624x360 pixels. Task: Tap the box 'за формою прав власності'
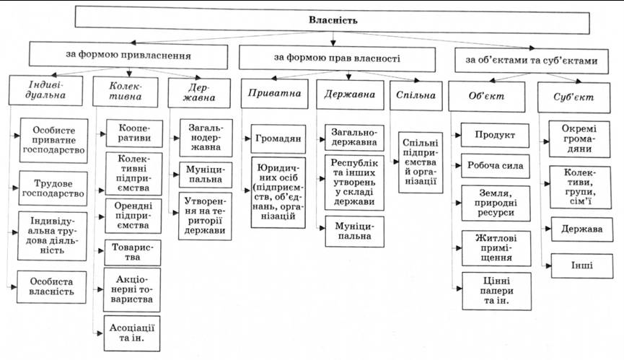(x=337, y=56)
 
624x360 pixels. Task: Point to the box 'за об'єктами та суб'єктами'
(x=531, y=60)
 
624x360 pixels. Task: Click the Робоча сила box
(x=493, y=169)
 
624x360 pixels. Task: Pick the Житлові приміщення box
(x=493, y=247)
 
